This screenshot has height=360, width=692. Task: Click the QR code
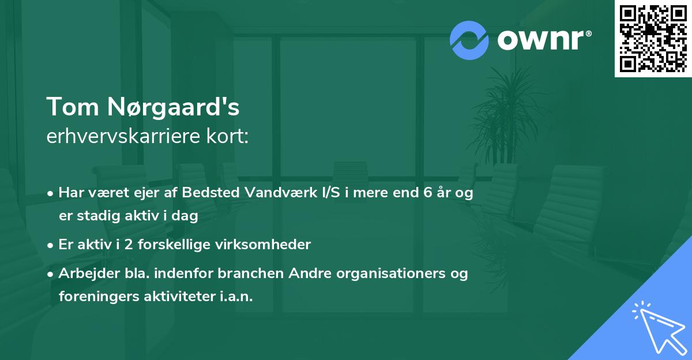click(x=653, y=38)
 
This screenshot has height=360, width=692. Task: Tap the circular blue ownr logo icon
click(x=469, y=40)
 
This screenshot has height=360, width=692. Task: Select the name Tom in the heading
click(x=71, y=107)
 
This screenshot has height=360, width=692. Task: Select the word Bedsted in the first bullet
click(x=210, y=193)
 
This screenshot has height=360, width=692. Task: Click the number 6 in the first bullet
click(x=428, y=193)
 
